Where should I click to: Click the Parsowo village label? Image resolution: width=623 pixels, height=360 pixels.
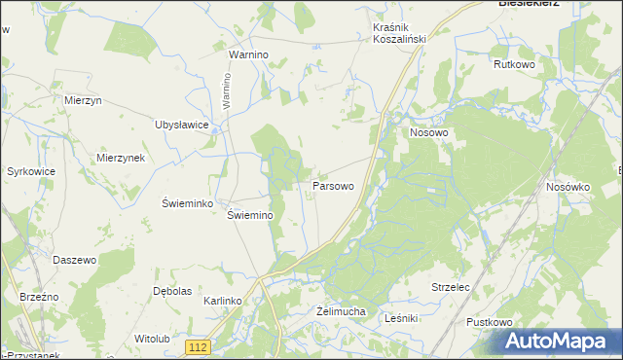(332, 184)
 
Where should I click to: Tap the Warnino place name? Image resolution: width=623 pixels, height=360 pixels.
(248, 55)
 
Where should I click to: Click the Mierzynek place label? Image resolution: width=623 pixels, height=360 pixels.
(121, 158)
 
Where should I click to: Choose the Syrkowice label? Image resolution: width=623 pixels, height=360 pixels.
(31, 171)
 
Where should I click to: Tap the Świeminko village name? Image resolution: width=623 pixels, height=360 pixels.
(187, 202)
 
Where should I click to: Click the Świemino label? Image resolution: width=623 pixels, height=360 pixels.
(250, 215)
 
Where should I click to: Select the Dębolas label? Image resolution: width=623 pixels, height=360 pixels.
(171, 291)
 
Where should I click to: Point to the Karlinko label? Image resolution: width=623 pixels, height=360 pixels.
(222, 302)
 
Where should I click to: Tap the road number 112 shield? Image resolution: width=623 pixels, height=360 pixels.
(199, 347)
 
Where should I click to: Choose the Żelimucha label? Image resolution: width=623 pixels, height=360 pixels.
(341, 311)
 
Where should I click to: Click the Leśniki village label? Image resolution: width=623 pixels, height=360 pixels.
(401, 318)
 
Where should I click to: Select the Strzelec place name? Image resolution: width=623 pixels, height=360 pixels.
(451, 288)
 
